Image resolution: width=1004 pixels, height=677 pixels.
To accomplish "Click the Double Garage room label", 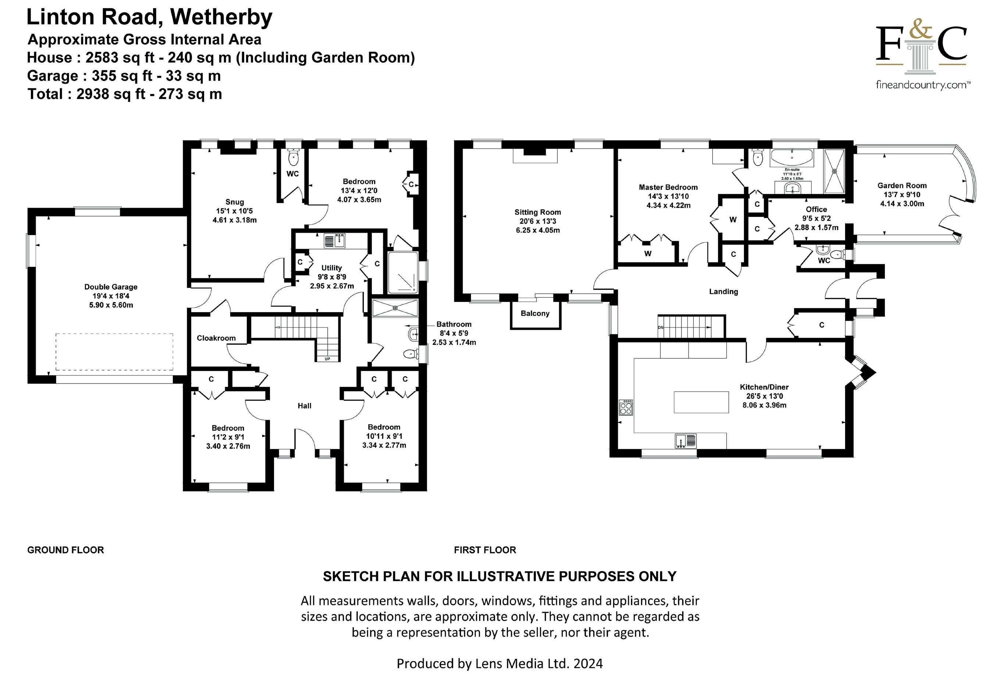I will (111, 287).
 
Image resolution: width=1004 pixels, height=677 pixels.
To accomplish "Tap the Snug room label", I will (235, 202).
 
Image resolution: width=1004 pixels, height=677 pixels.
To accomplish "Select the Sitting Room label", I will (538, 212).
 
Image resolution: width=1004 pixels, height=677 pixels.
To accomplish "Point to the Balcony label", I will (535, 313).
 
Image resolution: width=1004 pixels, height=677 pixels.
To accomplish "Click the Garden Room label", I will (902, 186).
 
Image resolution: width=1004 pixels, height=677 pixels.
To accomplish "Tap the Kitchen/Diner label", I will (764, 387).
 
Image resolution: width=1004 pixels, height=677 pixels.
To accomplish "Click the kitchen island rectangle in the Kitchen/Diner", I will (701, 402).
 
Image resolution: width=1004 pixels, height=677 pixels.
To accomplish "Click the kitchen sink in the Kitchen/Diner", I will (685, 441).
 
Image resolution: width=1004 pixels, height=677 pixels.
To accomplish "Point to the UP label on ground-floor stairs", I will (327, 359).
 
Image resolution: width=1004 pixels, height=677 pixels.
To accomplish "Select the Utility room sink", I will (335, 240).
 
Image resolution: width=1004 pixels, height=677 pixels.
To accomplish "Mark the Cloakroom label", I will (216, 338).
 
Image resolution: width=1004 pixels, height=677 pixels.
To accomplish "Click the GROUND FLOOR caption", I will (65, 550).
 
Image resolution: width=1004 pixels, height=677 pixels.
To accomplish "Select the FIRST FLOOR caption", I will (485, 550).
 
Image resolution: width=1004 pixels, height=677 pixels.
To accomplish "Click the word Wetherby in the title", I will (221, 17).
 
